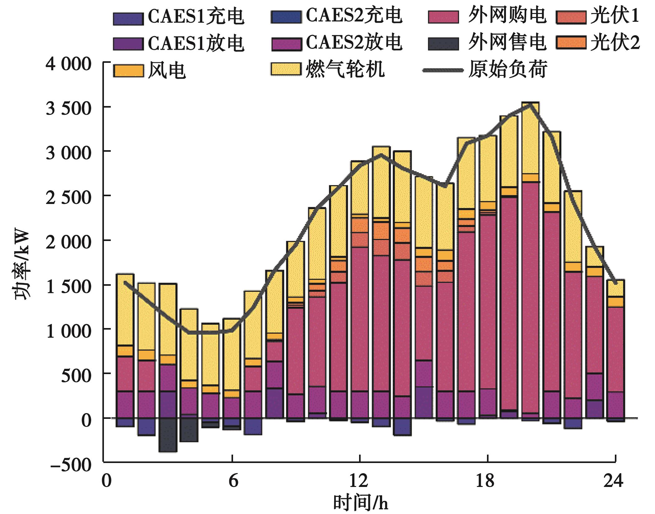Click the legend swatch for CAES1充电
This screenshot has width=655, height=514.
128,19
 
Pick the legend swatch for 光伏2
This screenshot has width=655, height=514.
571,43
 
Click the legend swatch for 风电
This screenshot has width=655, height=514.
128,71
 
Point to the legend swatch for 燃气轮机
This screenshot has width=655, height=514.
286,69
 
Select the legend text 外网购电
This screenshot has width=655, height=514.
507,16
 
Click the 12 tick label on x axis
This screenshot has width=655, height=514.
358,481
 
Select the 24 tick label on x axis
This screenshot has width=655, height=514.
613,481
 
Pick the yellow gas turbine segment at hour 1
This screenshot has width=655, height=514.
125,309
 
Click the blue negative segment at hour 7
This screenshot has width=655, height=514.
253,426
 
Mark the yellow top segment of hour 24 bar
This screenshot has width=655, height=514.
615,288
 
